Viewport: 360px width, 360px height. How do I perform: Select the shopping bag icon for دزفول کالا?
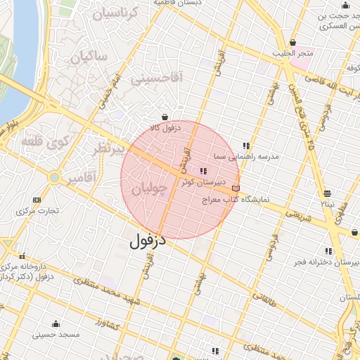(x=165, y=117)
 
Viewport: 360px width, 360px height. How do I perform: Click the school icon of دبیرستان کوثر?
(x=204, y=171)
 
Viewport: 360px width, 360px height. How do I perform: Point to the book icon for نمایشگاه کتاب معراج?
(x=236, y=188)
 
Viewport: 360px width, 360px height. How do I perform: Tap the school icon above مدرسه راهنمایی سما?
(x=245, y=146)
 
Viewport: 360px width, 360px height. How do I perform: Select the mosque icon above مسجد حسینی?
(x=56, y=324)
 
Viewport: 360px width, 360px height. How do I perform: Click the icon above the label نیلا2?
(x=327, y=193)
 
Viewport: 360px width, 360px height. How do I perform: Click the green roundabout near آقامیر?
(x=54, y=178)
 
